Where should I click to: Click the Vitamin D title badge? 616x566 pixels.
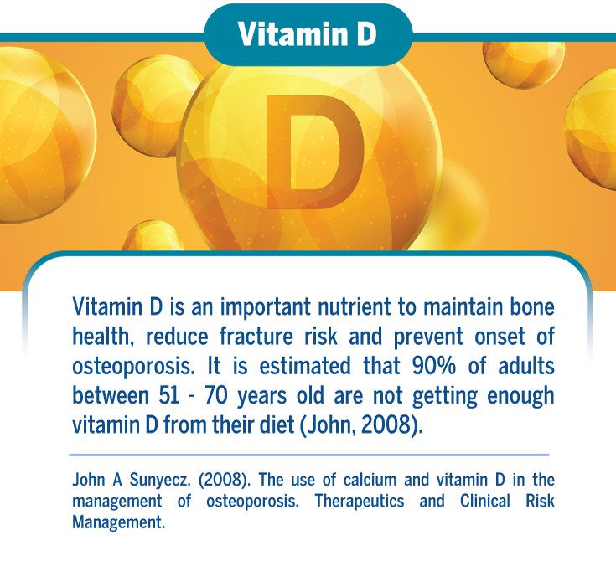(308, 34)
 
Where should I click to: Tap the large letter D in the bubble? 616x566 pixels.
(315, 152)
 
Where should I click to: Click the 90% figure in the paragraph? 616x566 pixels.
(434, 365)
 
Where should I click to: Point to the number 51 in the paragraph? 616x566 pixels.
(169, 395)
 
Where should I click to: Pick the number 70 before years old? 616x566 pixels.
(216, 395)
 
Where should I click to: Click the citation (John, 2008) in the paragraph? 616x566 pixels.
(361, 425)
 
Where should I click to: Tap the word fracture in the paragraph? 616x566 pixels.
(256, 337)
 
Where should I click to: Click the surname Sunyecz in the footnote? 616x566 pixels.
(160, 480)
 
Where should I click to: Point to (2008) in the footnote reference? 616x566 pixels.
(224, 480)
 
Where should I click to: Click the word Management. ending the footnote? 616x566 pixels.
(119, 522)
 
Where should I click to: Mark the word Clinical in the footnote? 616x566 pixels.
(485, 502)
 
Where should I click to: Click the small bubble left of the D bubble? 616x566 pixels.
(158, 106)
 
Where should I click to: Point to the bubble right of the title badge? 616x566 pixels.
(524, 63)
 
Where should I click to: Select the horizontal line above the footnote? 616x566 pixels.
(309, 455)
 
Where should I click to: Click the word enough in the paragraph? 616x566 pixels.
(520, 396)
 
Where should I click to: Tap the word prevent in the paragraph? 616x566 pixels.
(428, 337)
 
